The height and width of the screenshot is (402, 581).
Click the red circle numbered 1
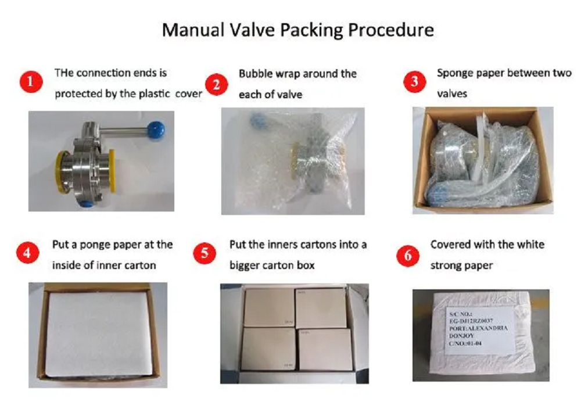tap(31, 83)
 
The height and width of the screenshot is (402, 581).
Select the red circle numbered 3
tap(414, 82)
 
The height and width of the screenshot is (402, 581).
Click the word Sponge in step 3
tap(455, 74)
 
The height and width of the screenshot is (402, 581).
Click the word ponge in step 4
tap(96, 245)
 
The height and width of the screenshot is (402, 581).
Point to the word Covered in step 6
tap(449, 245)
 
